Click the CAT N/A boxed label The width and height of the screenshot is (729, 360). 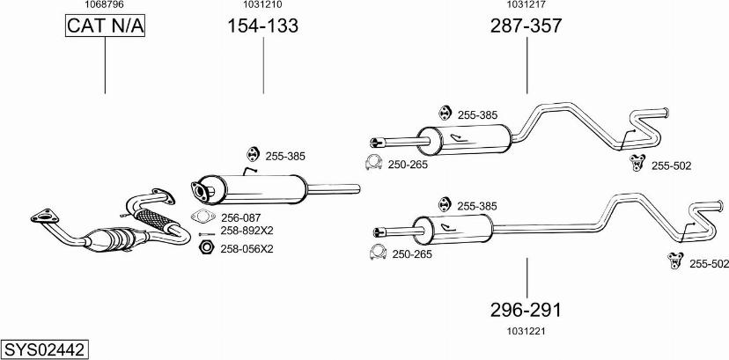coord(105,26)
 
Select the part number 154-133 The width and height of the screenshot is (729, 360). coord(262,26)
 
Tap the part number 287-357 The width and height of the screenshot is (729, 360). coord(526,26)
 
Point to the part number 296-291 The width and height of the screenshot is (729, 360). coord(526,310)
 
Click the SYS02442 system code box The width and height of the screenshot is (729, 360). coord(45,349)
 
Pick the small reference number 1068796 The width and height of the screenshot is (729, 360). coord(105,4)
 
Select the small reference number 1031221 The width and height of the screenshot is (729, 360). coord(526,331)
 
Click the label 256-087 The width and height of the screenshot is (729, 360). coord(241,217)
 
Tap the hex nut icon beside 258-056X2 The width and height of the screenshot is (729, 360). coord(206,247)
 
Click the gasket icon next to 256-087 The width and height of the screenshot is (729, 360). coord(202,217)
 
